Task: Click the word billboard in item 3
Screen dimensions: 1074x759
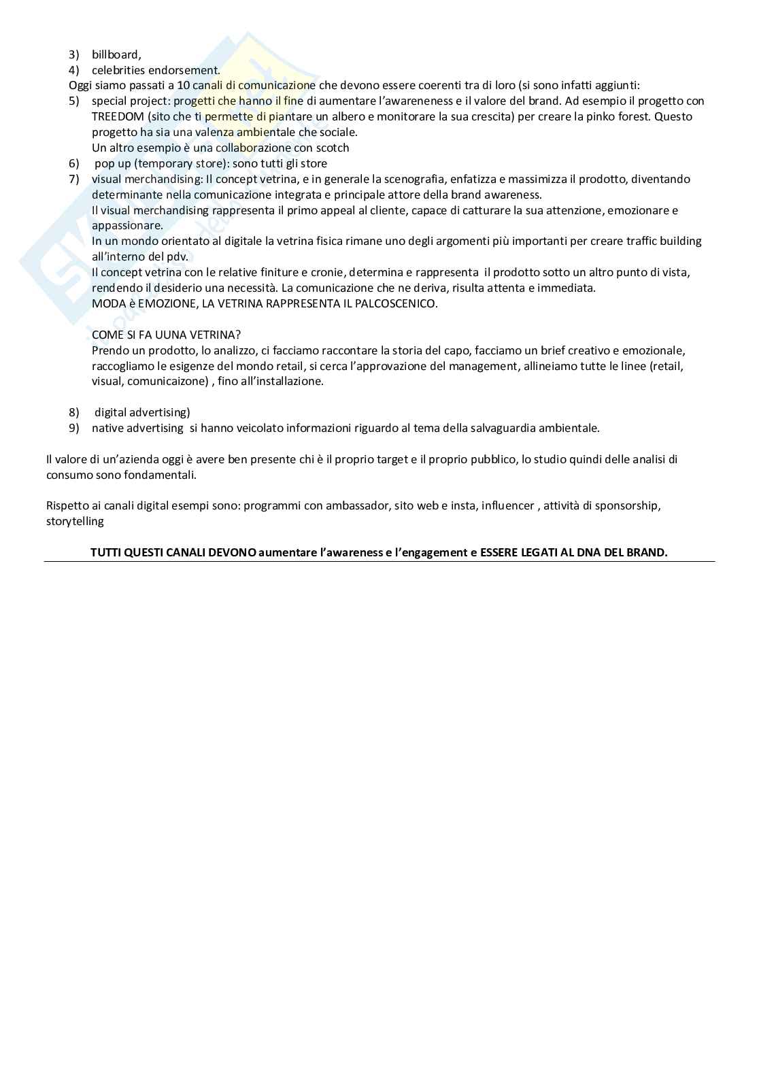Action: click(x=116, y=54)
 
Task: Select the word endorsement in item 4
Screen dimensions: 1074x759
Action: click(x=188, y=70)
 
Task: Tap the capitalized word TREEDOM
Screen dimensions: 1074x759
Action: click(x=118, y=116)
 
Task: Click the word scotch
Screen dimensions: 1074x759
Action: click(x=333, y=148)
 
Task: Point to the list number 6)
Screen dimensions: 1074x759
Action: click(x=74, y=163)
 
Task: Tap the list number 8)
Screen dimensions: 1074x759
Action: click(x=74, y=412)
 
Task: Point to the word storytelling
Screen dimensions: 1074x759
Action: click(x=75, y=521)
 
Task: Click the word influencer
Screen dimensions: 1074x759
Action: click(x=508, y=505)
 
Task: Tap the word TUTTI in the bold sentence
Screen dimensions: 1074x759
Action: click(x=105, y=552)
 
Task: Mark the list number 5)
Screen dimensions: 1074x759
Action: click(x=74, y=101)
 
